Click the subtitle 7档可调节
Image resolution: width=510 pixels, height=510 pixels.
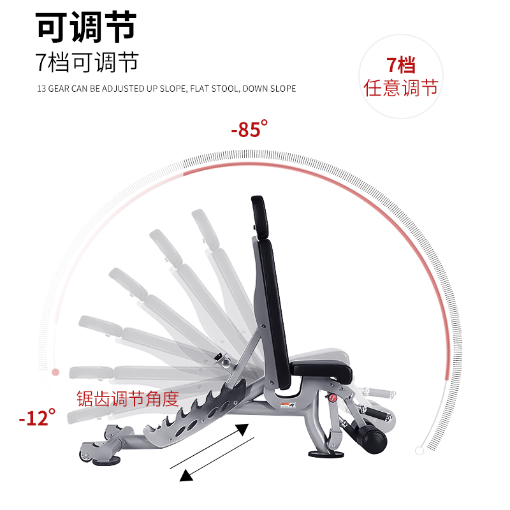click(x=87, y=62)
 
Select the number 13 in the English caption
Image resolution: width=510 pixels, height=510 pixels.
click(x=41, y=89)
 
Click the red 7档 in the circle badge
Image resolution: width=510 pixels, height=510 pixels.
click(x=401, y=65)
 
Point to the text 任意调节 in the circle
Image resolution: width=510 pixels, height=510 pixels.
click(x=401, y=87)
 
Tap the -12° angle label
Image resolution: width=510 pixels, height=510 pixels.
click(x=37, y=418)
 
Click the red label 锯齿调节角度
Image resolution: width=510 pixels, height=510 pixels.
click(x=128, y=398)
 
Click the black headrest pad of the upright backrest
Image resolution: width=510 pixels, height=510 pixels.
click(x=259, y=214)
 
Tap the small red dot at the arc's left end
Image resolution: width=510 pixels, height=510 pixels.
click(x=55, y=371)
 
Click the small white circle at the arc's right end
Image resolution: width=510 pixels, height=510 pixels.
click(x=419, y=450)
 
